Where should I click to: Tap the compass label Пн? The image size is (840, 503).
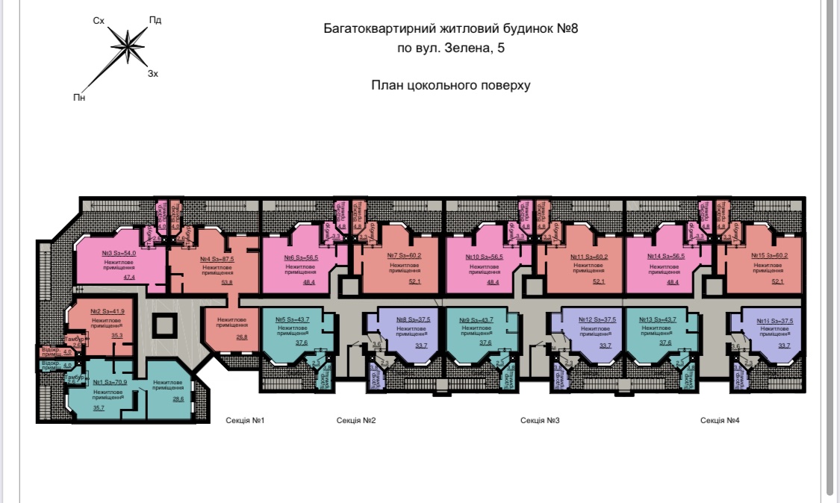point(79,97)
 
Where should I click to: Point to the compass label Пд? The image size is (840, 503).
point(155,20)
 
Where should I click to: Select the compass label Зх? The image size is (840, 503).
point(153,74)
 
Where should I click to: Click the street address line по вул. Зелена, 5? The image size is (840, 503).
point(451,49)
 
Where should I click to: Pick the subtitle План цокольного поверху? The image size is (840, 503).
point(451,85)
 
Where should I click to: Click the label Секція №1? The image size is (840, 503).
point(246,421)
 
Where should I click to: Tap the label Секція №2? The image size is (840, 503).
point(356,421)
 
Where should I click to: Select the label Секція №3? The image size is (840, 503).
point(540,421)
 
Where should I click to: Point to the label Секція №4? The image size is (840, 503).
point(720,421)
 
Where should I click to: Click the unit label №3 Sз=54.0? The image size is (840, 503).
point(119,254)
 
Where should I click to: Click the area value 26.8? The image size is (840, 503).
point(221,337)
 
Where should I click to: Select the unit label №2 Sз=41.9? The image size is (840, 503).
point(106,311)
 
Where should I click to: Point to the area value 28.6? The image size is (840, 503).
point(178,399)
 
